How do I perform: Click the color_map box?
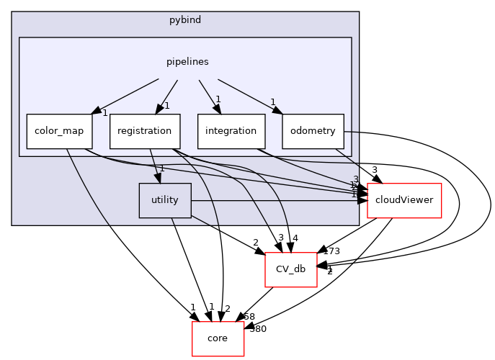[x=55, y=131]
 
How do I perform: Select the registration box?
[x=145, y=131]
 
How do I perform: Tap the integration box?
[x=231, y=131]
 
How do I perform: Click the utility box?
[x=165, y=200]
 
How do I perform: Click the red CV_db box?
[x=291, y=269]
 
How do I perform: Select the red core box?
[x=218, y=338]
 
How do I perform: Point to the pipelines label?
[x=188, y=62]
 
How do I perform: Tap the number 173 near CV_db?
[x=331, y=251]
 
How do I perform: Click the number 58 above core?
[x=249, y=317]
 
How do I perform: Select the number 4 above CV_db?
[x=295, y=238]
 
